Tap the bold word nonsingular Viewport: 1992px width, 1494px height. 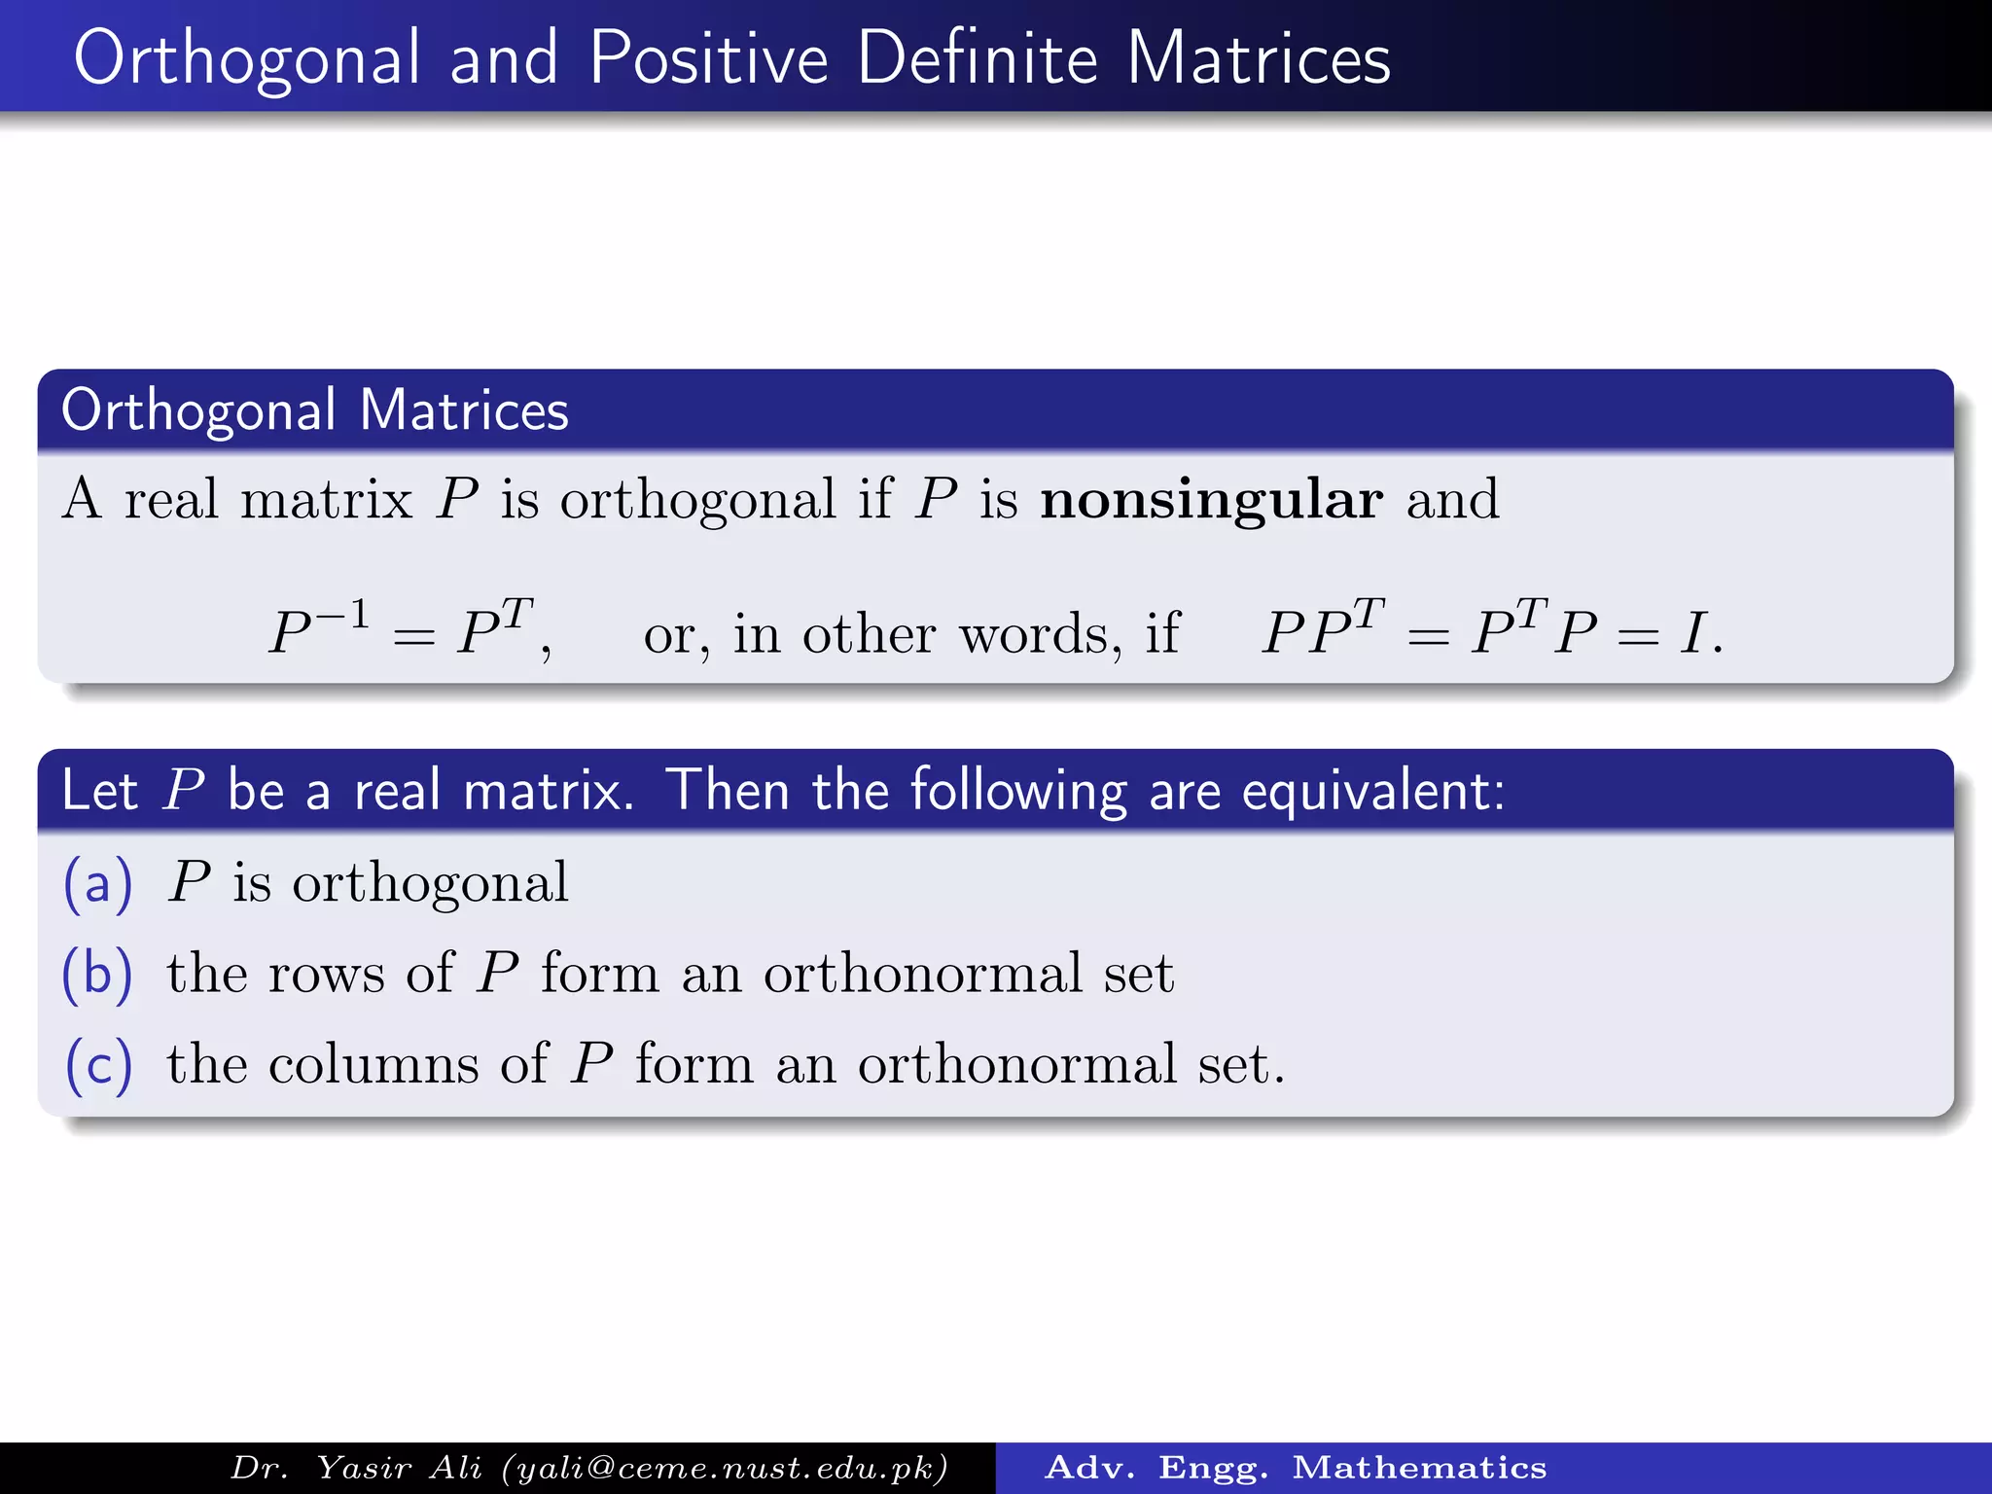click(1211, 500)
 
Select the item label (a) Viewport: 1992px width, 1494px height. click(97, 884)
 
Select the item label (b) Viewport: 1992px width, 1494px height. click(97, 974)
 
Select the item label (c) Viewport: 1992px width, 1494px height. click(97, 1065)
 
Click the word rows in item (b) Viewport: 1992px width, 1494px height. click(326, 974)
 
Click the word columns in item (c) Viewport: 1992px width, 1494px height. click(373, 1064)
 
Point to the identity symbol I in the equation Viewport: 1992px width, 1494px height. click(1693, 633)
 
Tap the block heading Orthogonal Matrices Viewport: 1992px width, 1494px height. click(314, 409)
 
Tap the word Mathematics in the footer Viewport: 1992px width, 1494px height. click(1419, 1468)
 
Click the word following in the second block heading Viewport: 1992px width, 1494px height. click(1018, 790)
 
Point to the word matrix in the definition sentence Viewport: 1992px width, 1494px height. click(326, 500)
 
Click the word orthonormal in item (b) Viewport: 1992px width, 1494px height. click(922, 974)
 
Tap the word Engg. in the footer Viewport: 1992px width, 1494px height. click(1213, 1468)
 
